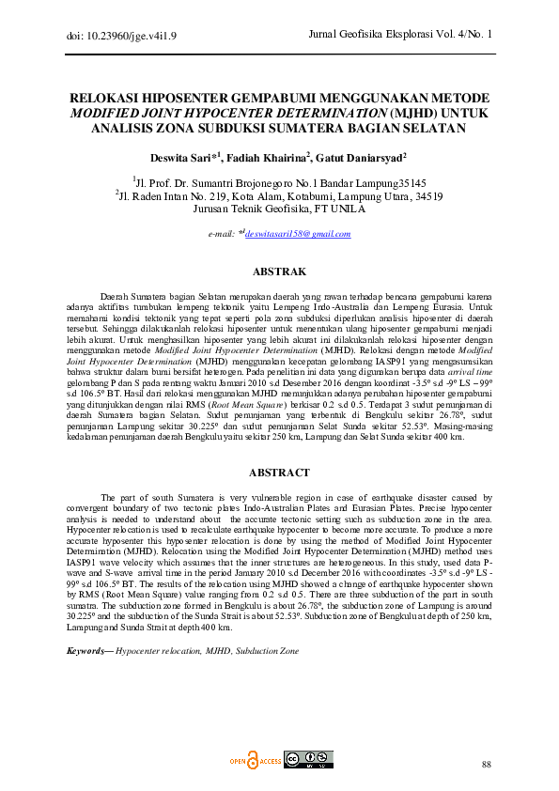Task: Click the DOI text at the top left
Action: point(108,36)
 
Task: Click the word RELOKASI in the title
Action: point(111,98)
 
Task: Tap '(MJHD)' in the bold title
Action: point(407,113)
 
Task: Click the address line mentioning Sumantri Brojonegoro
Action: point(279,182)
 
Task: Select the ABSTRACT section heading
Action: point(279,473)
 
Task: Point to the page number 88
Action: point(486,765)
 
